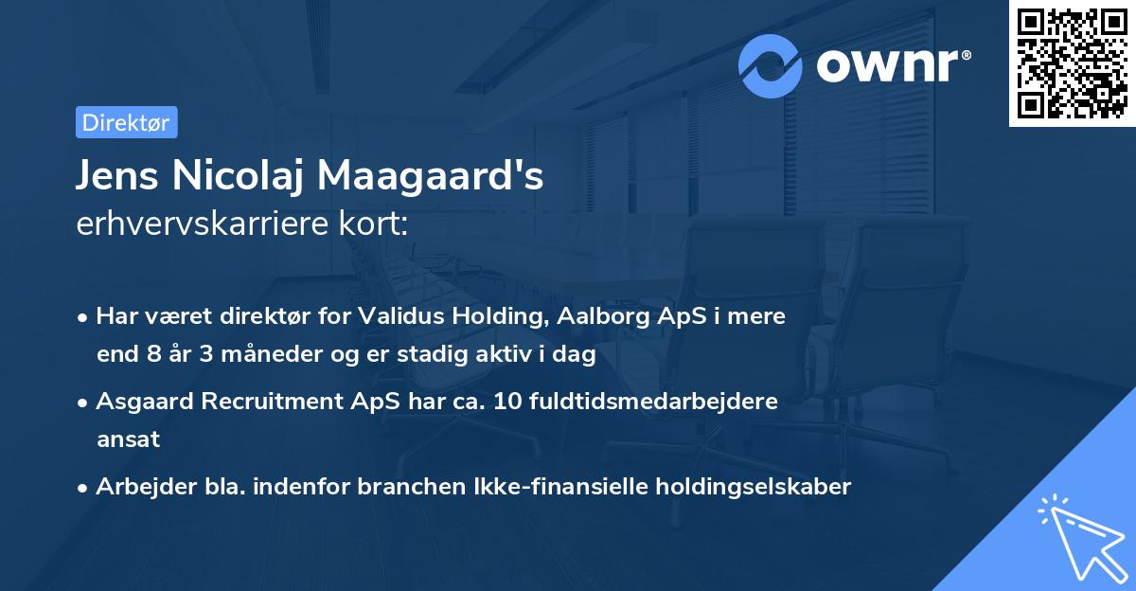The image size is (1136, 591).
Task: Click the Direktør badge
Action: tap(126, 122)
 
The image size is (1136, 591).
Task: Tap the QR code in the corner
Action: tap(1073, 63)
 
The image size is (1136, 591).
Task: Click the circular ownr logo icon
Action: tap(771, 65)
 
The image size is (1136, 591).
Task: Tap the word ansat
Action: tap(128, 439)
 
